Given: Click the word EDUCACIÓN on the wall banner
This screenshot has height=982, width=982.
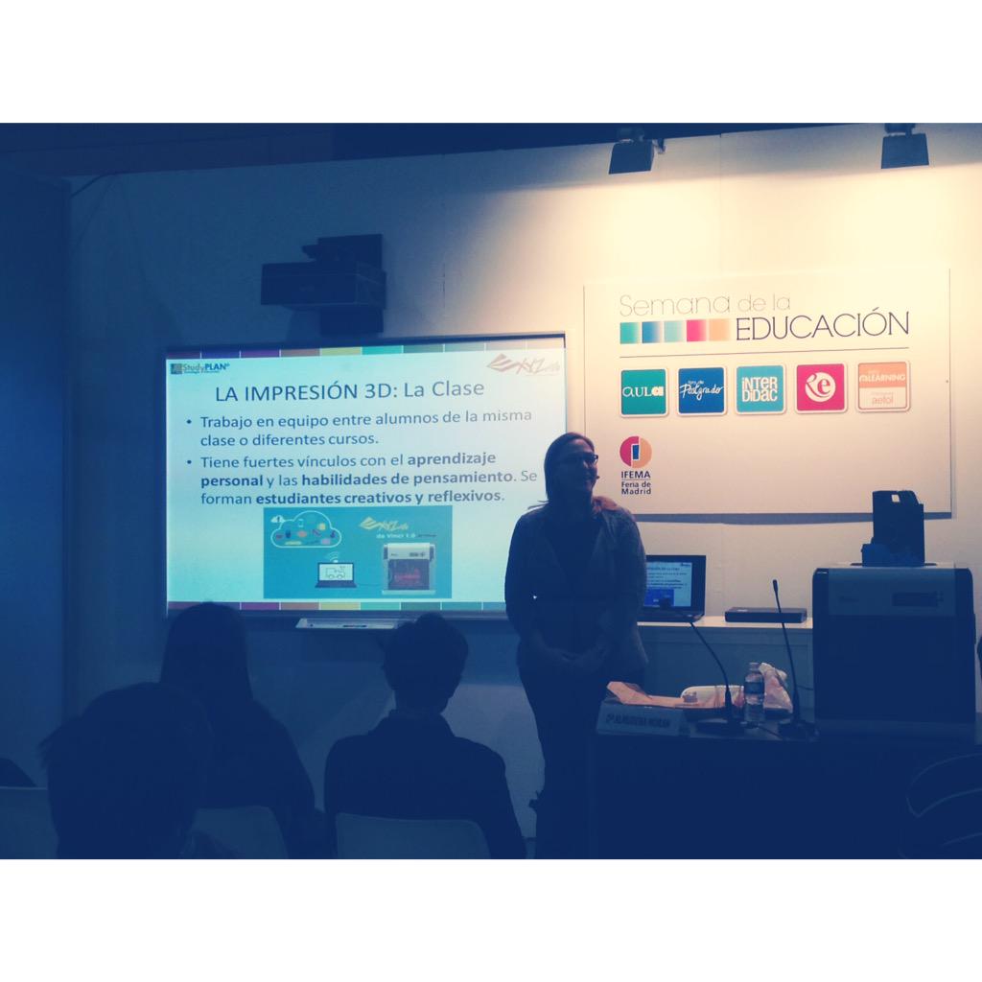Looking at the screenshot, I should (821, 326).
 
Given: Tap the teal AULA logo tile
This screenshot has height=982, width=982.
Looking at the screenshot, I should (643, 391).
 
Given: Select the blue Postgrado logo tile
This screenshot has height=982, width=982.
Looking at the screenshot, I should (701, 390).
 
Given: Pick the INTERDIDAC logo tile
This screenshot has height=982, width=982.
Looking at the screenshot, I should (760, 389).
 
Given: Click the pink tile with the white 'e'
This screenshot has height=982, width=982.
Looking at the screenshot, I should (820, 387).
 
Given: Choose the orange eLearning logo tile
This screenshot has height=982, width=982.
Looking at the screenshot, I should (882, 386).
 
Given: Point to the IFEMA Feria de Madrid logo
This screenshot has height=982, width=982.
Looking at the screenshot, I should (635, 464).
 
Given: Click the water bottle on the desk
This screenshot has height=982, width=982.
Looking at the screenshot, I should (754, 693).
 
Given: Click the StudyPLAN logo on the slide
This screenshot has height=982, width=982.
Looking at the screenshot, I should (199, 367).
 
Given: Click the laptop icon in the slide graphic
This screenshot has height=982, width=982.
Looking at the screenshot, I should (336, 574).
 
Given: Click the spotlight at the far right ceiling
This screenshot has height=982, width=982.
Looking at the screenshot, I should (904, 147).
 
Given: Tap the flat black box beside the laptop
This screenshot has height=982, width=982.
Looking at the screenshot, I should (765, 615).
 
